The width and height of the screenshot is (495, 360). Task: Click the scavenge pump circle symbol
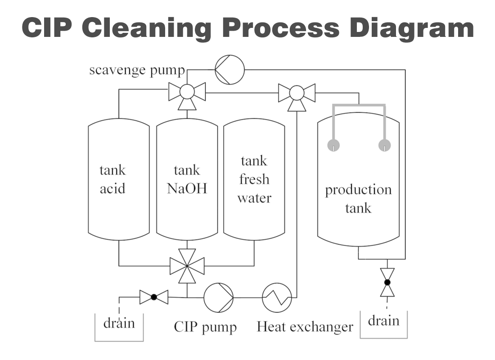point(229,69)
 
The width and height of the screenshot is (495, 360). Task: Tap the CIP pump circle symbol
point(219,297)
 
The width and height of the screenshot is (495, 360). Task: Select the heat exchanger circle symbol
point(277,297)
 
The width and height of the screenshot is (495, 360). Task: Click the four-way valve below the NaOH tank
point(187,266)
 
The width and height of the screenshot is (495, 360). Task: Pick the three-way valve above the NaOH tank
point(187,93)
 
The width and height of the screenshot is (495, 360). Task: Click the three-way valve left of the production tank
point(297,93)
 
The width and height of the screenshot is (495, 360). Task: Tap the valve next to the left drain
point(153,297)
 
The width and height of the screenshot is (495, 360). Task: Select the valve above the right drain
point(387,282)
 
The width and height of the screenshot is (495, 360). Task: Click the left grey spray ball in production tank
point(333,145)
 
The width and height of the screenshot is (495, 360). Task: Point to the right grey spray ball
point(385,145)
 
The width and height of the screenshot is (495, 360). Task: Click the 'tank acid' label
point(112,179)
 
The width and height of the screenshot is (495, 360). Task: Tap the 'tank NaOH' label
point(187,179)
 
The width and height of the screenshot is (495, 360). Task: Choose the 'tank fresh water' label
point(254,179)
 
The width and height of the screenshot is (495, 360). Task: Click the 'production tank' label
point(358,198)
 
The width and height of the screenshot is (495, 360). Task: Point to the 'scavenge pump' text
point(137,70)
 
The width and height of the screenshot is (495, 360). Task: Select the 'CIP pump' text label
point(205,327)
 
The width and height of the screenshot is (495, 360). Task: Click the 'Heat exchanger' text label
point(305,327)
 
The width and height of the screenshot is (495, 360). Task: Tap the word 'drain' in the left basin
point(119,324)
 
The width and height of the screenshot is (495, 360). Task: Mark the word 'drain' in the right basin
point(383,321)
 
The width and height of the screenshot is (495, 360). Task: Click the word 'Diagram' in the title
point(412,28)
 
